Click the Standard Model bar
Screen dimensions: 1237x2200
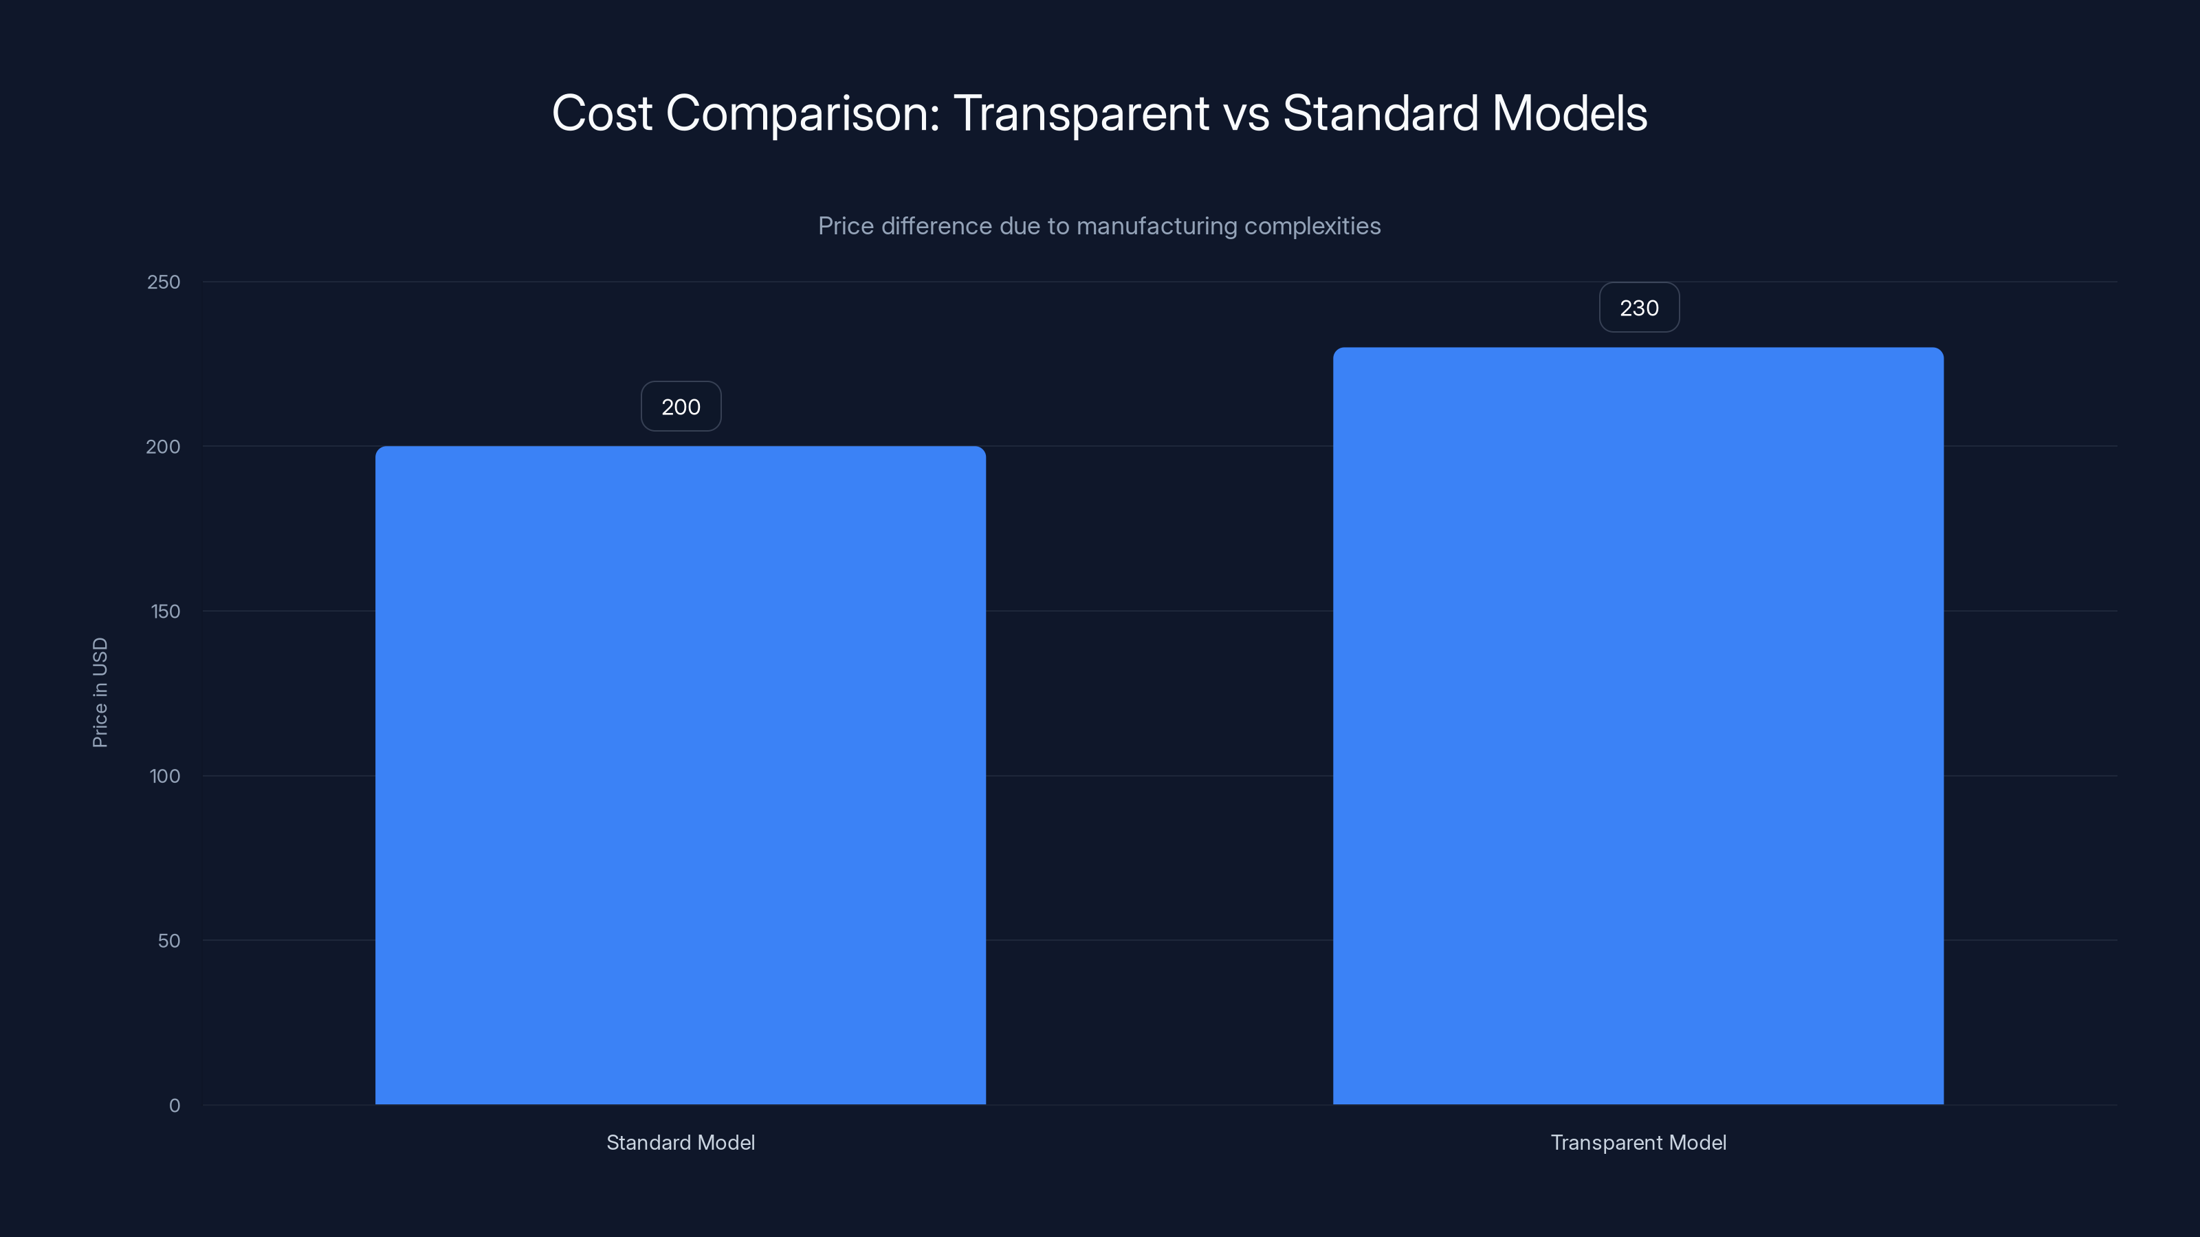click(680, 775)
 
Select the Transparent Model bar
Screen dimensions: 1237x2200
click(1638, 726)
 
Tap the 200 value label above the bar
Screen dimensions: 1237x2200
click(681, 406)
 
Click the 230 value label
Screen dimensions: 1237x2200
click(1639, 307)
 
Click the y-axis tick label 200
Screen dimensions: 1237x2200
click(163, 447)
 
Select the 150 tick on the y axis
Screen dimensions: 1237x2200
click(165, 611)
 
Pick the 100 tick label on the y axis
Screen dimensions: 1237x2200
click(165, 776)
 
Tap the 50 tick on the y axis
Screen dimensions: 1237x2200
click(169, 941)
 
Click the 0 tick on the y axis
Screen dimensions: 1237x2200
click(174, 1106)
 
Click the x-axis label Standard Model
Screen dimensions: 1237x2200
click(681, 1142)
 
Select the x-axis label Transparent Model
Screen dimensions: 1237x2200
click(1638, 1142)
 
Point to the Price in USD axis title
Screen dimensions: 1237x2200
click(100, 692)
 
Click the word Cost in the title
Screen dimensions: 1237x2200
click(602, 113)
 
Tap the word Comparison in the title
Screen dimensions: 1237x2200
click(803, 114)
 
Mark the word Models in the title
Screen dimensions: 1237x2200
click(1570, 113)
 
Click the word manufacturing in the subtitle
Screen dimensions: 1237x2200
click(1156, 226)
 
